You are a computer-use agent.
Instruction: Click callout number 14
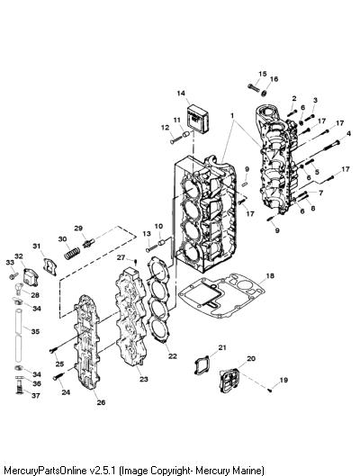pos(181,94)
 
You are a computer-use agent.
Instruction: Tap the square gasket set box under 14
pos(198,118)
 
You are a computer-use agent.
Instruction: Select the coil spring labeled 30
pos(72,253)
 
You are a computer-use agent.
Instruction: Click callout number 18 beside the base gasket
pos(270,275)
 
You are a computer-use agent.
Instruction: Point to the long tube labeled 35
pos(19,335)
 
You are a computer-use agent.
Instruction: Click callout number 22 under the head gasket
pos(173,356)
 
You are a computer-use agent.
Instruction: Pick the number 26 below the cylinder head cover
pos(101,402)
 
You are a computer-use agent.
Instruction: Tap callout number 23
pos(144,379)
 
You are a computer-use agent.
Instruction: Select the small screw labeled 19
pos(270,391)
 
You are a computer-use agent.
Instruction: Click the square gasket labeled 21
pos(202,364)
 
